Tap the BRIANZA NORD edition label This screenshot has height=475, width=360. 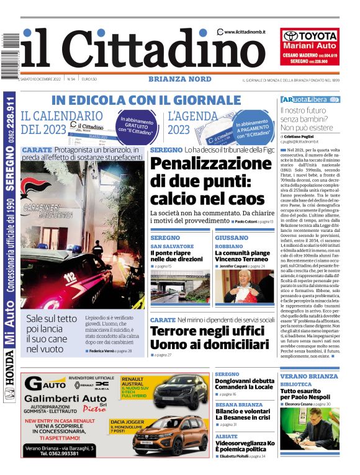point(179,79)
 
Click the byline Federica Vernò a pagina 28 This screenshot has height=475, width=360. point(110,351)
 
